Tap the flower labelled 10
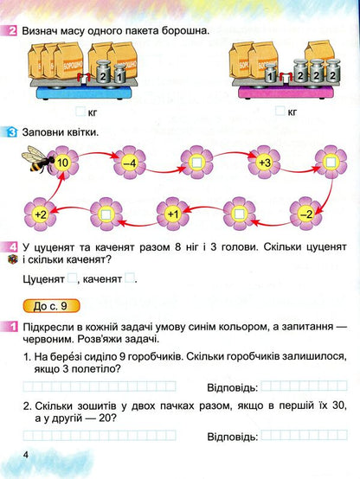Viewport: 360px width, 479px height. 62,162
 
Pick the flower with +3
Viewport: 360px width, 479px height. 265,162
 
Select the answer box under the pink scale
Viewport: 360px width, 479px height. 279,111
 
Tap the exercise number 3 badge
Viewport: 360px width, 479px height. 11,132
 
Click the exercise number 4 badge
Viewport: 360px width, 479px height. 11,246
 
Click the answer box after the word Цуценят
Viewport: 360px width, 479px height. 73,278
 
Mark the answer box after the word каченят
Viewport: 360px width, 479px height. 130,278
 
